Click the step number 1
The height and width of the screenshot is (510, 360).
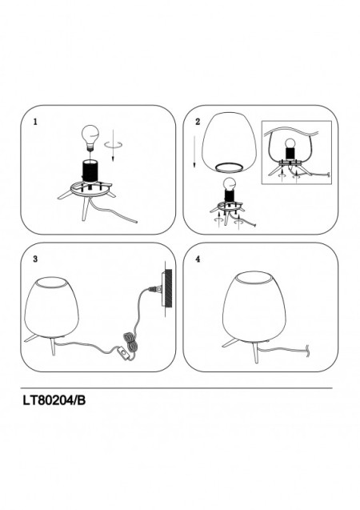click(35, 122)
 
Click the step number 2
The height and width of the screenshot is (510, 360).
click(198, 122)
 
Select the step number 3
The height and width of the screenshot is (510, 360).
click(35, 259)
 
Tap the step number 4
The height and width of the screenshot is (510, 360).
click(198, 259)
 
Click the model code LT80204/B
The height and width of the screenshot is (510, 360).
click(54, 400)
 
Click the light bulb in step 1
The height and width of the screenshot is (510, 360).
click(90, 137)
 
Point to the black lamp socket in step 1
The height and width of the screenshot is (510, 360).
click(90, 171)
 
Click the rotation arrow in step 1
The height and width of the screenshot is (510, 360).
click(114, 144)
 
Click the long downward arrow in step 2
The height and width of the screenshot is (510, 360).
click(194, 151)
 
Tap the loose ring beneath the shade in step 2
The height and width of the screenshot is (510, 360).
click(229, 167)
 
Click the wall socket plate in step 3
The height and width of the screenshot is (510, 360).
click(167, 289)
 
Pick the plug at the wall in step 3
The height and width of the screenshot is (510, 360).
click(154, 288)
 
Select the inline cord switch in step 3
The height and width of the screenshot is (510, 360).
click(124, 353)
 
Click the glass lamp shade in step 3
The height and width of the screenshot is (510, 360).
click(52, 307)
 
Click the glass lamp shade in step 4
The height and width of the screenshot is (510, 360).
click(255, 306)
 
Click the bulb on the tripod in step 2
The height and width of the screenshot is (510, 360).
click(230, 184)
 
